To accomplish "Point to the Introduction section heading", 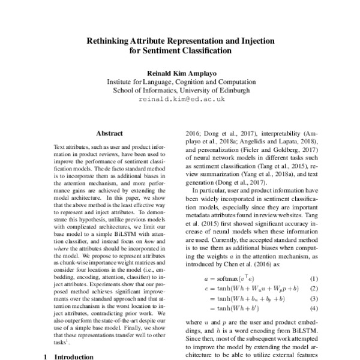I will click(x=74, y=356).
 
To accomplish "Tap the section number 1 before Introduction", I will click(x=46, y=356).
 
